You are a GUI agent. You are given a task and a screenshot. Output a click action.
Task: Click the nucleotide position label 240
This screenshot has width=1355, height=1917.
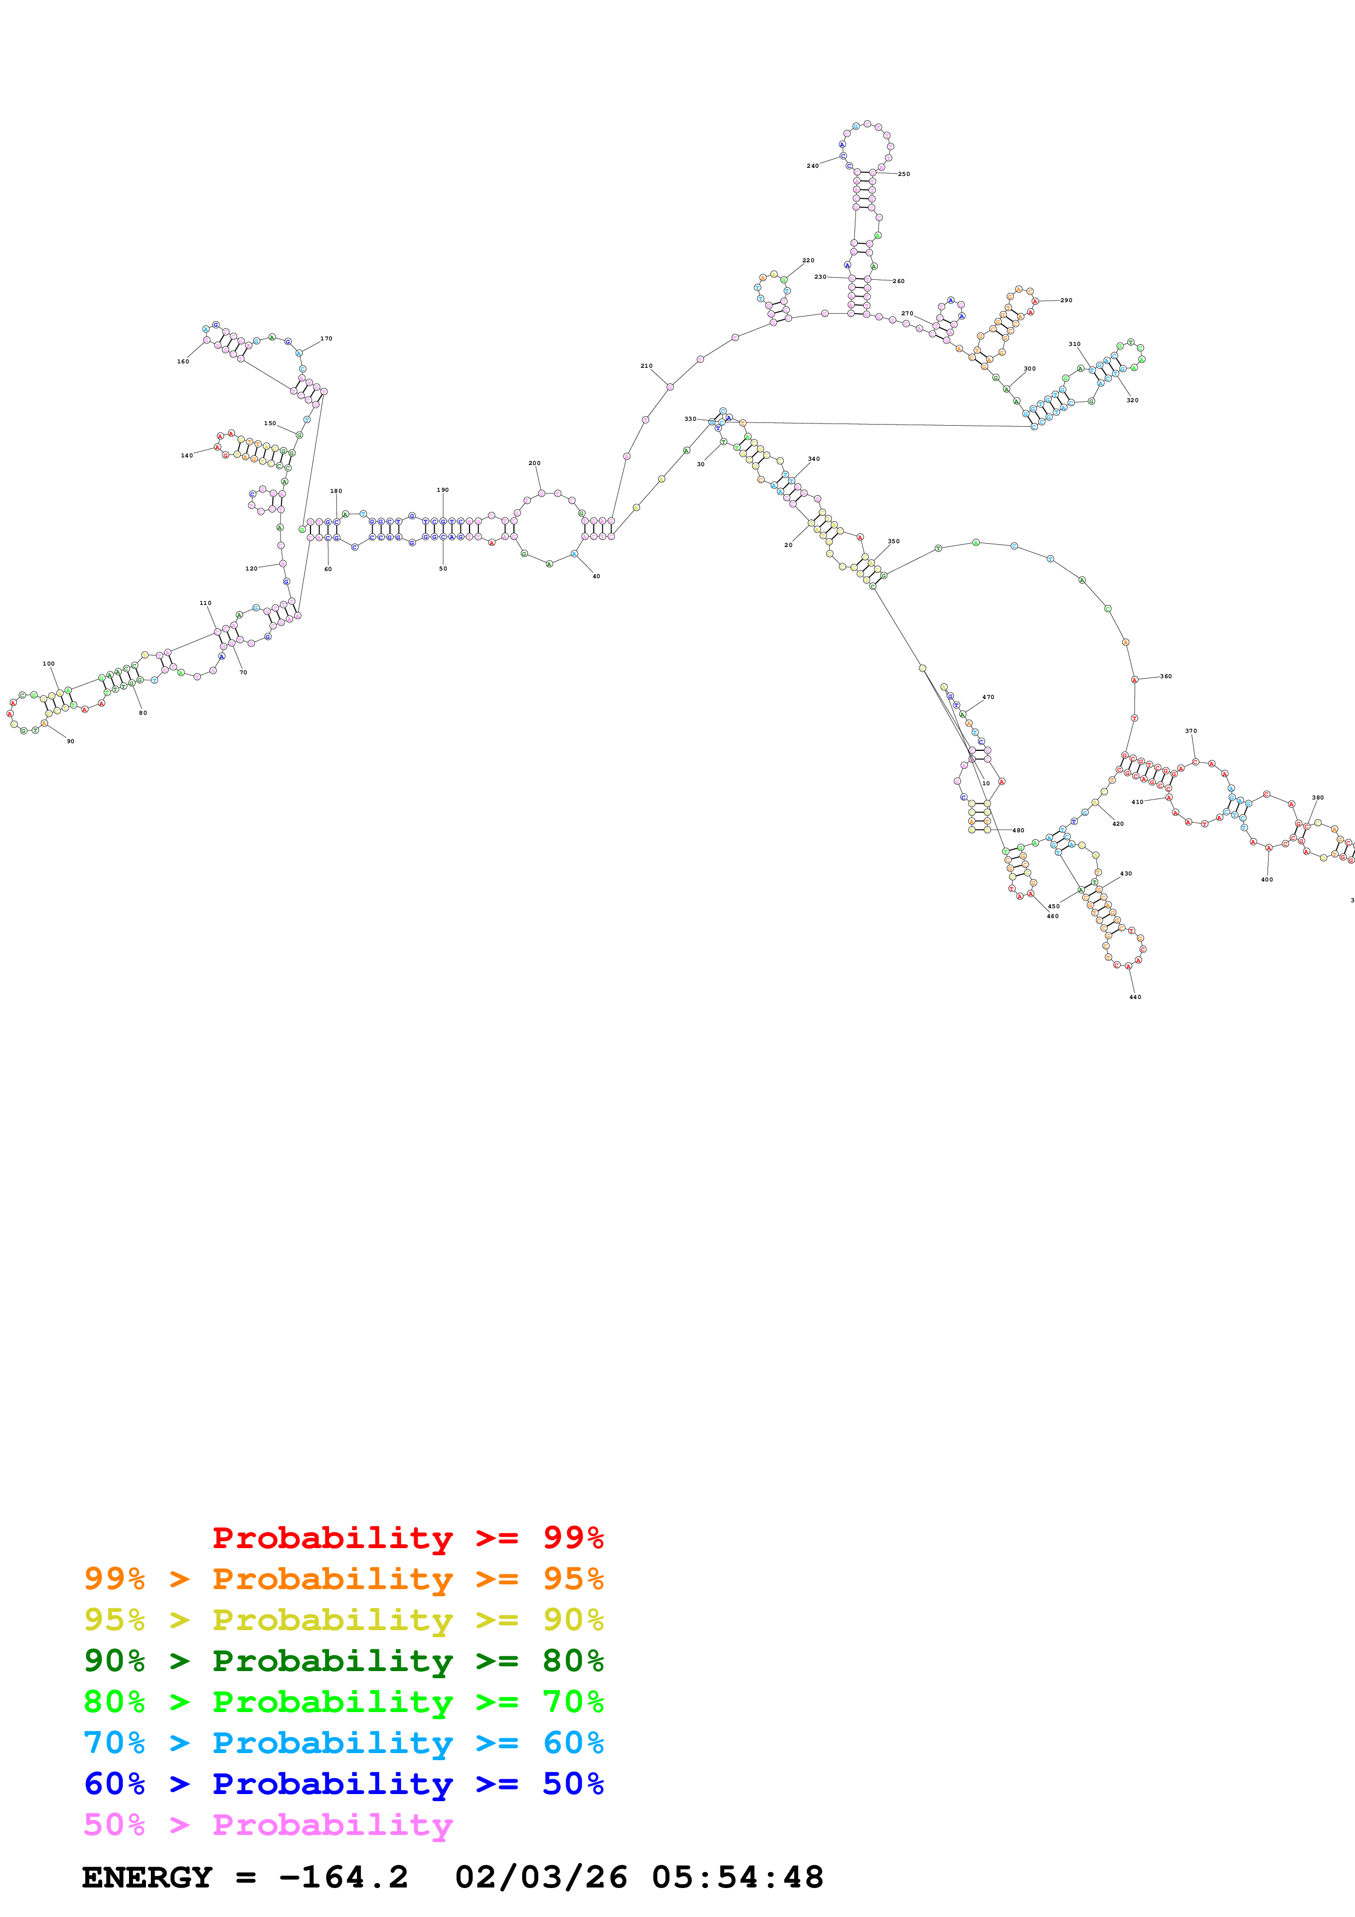tap(812, 166)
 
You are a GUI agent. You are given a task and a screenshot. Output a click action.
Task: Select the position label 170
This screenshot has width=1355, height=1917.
tap(326, 339)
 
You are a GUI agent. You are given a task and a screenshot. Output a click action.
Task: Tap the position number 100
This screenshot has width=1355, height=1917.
tap(49, 664)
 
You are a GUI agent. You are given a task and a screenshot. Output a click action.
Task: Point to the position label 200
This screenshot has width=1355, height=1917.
tap(535, 463)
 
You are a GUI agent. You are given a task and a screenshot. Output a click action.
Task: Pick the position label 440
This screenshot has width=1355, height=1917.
tap(1135, 997)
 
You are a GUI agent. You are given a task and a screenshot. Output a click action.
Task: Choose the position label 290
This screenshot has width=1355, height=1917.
tap(1066, 301)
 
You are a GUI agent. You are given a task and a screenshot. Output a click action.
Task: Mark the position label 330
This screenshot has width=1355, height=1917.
tap(690, 419)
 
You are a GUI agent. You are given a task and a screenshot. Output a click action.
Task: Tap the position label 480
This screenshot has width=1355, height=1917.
tap(1018, 831)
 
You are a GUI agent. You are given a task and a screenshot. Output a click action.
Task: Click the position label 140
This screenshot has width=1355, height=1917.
tap(186, 456)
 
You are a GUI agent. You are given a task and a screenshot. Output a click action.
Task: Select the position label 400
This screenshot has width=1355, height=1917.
tap(1266, 879)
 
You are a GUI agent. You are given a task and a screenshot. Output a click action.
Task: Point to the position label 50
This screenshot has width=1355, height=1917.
tap(443, 568)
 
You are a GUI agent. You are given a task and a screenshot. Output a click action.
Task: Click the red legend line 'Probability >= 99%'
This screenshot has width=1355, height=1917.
tap(407, 1537)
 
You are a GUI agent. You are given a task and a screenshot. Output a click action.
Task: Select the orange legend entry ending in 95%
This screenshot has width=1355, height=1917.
tap(344, 1578)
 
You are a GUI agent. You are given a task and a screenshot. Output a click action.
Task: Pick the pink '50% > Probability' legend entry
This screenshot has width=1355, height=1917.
tap(268, 1824)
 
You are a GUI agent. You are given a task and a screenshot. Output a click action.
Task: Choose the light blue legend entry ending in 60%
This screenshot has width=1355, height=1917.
tap(344, 1743)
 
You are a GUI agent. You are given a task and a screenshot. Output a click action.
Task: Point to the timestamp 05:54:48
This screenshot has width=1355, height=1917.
tap(737, 1877)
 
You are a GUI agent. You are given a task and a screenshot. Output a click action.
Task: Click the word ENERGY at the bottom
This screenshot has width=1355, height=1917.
tap(147, 1877)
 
